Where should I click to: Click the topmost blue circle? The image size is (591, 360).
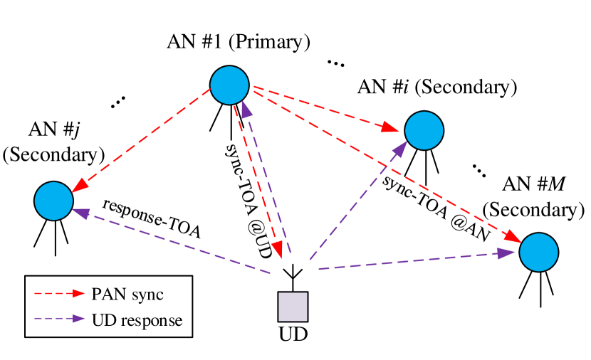[x=229, y=85]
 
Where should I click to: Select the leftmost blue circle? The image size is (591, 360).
[x=53, y=201]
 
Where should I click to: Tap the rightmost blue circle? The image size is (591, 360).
[x=538, y=252]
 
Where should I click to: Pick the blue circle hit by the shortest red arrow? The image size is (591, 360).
[x=424, y=130]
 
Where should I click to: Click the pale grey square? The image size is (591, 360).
[x=293, y=307]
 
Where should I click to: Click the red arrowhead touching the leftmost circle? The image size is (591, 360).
[x=80, y=185]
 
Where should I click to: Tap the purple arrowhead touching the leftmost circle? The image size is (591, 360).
[x=81, y=213]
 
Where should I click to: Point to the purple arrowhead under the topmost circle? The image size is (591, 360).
[x=246, y=110]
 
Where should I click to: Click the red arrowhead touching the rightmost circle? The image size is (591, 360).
[x=513, y=237]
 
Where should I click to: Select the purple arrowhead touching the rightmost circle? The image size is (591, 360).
[x=506, y=253]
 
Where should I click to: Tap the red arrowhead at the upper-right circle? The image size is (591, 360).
[x=389, y=127]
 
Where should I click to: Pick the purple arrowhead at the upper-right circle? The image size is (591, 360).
[x=400, y=149]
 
